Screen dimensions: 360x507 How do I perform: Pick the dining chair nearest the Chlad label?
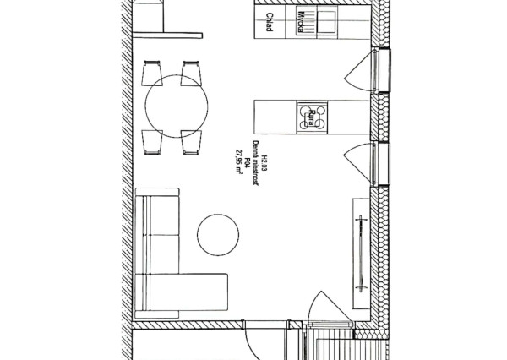[x=191, y=74]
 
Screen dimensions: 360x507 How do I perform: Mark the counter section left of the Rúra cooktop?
[x=274, y=116]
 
